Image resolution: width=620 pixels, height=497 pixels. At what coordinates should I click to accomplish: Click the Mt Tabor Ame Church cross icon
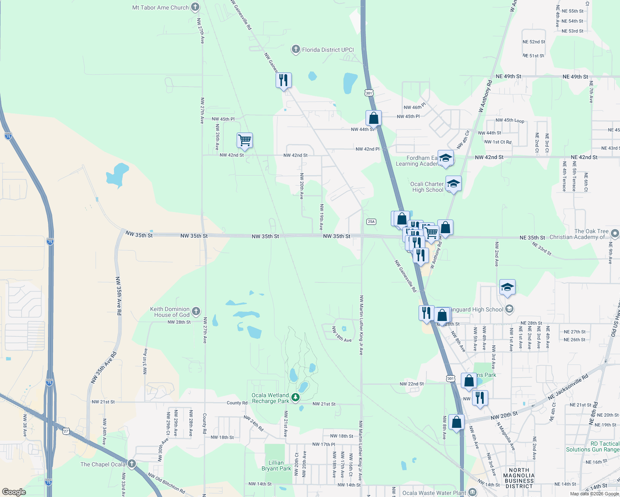[x=195, y=7]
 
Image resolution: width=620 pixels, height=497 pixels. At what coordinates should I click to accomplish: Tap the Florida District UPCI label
[x=328, y=50]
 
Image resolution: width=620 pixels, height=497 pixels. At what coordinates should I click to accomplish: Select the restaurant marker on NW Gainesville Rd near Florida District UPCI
[x=283, y=80]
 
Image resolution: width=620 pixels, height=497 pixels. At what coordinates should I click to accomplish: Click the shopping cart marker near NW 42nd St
[x=245, y=140]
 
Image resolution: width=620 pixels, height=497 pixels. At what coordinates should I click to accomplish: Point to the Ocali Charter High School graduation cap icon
[x=453, y=183]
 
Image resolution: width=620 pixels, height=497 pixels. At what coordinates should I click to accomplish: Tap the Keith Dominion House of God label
[x=170, y=312]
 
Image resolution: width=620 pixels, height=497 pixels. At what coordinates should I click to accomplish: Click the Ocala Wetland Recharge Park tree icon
[x=295, y=398]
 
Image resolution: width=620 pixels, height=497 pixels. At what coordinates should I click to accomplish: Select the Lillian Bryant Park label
[x=276, y=466]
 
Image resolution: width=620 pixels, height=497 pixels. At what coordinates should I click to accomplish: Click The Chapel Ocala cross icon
[x=132, y=463]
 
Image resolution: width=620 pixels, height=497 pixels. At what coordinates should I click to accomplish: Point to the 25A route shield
[x=371, y=222]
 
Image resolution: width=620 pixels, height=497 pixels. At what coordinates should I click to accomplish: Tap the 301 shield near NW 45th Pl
[x=369, y=93]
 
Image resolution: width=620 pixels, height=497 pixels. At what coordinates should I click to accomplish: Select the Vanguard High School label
[x=476, y=309]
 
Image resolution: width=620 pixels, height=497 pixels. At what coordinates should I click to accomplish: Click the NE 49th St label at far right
[x=575, y=77]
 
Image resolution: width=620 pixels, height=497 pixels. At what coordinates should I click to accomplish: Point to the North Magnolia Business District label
[x=519, y=478]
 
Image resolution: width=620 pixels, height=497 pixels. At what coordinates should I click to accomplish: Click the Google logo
[x=14, y=492]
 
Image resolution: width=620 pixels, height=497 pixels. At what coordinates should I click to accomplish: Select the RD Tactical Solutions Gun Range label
[x=593, y=446]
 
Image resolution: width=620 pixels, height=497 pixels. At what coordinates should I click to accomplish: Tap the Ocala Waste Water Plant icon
[x=472, y=492]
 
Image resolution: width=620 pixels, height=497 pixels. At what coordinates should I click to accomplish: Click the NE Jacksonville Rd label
[x=568, y=387]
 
